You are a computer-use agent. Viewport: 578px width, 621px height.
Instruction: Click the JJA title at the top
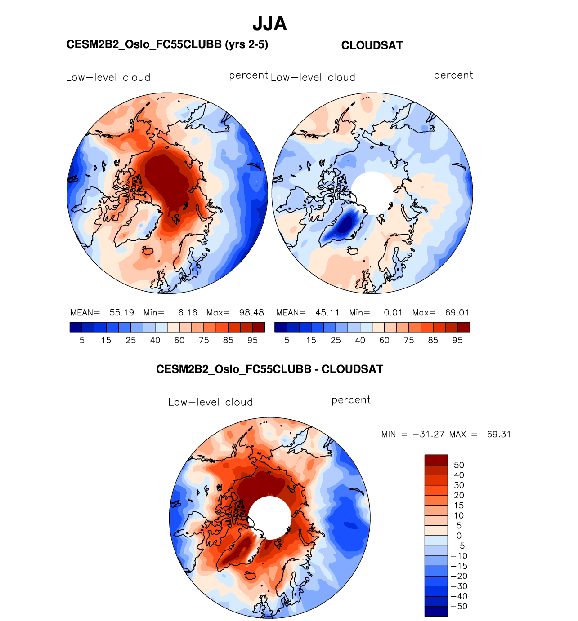click(x=269, y=23)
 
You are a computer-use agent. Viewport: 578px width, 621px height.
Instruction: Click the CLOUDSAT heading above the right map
click(x=372, y=45)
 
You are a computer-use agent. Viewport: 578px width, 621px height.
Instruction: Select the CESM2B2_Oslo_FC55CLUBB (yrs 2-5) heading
click(x=167, y=44)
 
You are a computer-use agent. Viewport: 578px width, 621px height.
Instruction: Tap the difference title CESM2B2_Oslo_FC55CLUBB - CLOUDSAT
click(x=269, y=369)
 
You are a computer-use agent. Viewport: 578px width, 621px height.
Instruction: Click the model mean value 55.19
click(x=122, y=313)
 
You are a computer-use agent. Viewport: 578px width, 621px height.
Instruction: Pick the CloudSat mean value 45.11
click(x=327, y=313)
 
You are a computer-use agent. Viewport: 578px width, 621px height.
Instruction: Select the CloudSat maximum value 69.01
click(x=457, y=313)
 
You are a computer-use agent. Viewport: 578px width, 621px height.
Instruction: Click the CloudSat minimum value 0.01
click(x=393, y=313)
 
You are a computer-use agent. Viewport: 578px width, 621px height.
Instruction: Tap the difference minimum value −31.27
click(x=428, y=435)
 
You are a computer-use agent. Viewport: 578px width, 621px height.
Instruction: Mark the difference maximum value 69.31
click(x=499, y=435)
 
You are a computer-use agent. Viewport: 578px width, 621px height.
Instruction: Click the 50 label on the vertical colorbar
click(x=459, y=465)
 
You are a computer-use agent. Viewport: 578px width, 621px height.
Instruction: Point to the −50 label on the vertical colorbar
click(x=459, y=606)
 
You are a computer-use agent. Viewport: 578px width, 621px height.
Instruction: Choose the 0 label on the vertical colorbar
click(x=459, y=536)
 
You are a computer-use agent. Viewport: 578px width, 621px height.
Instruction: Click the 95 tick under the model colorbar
click(x=252, y=341)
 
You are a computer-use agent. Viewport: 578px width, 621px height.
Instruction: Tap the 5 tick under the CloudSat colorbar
click(x=287, y=341)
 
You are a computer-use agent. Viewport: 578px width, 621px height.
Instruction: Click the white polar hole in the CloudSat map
click(x=372, y=192)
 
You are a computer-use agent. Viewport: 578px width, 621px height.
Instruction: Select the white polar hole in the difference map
click(x=269, y=517)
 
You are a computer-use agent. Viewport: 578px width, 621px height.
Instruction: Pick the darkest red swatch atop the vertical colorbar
click(x=436, y=460)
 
